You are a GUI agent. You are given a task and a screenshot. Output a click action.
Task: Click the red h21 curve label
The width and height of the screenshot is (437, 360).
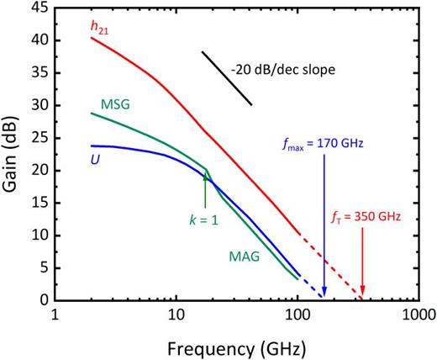click(x=101, y=27)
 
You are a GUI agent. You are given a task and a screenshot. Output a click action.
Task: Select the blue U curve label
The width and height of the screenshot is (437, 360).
click(x=97, y=157)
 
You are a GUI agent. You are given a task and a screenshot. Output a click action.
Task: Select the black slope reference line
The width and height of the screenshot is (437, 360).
click(x=226, y=78)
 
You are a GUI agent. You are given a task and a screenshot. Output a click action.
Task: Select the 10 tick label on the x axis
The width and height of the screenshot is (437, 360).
click(x=176, y=315)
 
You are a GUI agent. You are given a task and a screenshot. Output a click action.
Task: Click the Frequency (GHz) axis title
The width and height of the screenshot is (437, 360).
click(x=236, y=346)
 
